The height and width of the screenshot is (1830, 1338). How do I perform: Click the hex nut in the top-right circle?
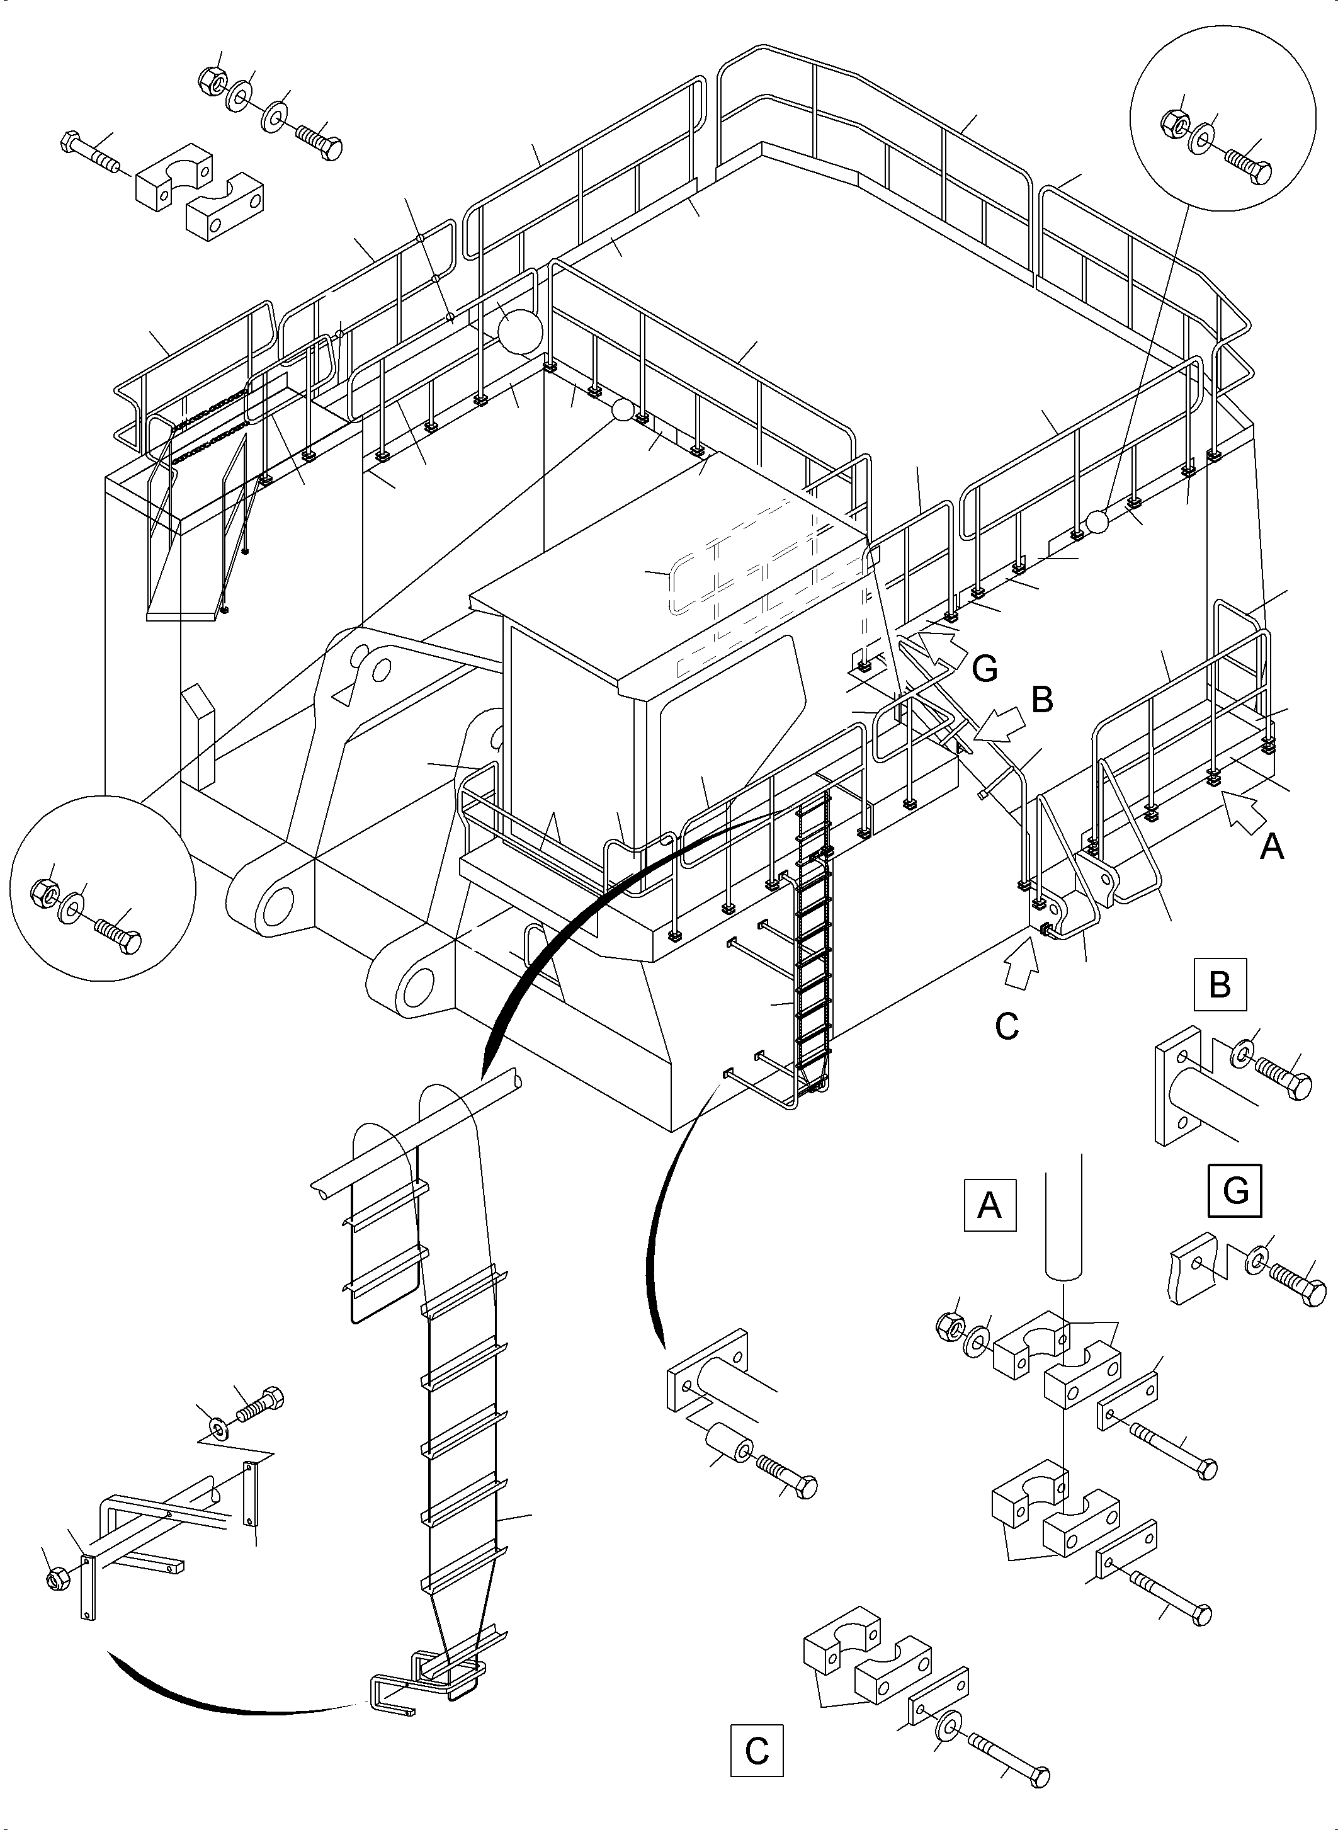[1175, 122]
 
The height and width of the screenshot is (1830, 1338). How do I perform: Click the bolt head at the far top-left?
[70, 142]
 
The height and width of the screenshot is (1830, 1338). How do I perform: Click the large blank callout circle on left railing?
[518, 331]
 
